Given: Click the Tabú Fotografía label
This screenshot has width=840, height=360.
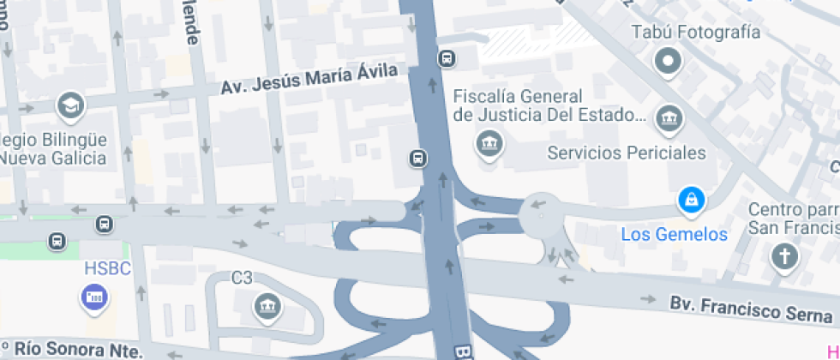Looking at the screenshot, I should click(x=695, y=33).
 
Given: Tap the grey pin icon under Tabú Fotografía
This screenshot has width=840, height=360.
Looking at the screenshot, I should click(x=668, y=61).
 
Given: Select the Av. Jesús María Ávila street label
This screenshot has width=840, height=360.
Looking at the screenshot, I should click(x=309, y=81).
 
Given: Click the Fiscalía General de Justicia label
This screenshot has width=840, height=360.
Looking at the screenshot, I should click(x=549, y=105).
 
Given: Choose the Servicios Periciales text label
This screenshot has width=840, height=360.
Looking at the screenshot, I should click(x=627, y=153).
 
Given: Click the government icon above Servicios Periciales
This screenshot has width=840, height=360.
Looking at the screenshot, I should click(x=668, y=117).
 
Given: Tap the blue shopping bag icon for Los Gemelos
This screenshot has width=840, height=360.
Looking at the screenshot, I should click(x=689, y=201).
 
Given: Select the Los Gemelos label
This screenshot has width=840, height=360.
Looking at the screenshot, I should click(x=674, y=234).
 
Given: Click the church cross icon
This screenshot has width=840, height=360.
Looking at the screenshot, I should click(x=783, y=255).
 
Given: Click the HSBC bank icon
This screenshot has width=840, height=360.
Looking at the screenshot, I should click(x=93, y=297).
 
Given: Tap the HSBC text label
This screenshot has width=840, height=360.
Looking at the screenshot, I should click(x=107, y=269).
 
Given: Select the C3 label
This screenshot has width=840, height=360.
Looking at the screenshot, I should click(x=242, y=278).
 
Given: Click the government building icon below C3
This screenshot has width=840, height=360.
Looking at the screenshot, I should click(x=268, y=304).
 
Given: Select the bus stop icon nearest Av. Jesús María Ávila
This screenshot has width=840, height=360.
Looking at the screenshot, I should click(x=447, y=58).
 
